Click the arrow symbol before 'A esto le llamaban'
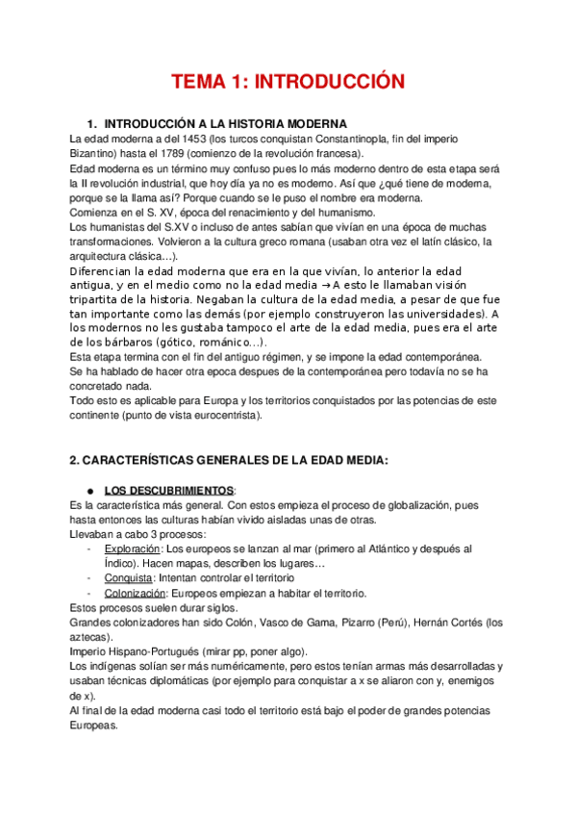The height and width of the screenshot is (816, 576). [325, 286]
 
